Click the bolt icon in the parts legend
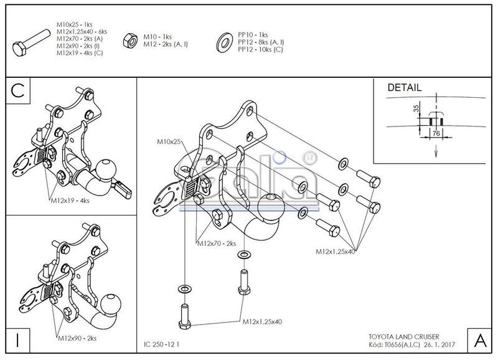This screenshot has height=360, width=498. pos(31,42)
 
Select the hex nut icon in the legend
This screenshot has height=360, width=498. pos(130,40)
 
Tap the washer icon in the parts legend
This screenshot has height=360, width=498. pos(225,42)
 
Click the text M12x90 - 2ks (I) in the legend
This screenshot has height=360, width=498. pos(78,45)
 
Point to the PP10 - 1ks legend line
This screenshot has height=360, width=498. pos(253,35)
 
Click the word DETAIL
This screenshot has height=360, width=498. pos(404,88)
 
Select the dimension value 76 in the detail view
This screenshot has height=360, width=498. pos(436,133)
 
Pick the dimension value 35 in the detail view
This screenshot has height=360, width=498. pos(416,108)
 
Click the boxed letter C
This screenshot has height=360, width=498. pos(18,91)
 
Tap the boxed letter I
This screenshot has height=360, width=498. pos(18,340)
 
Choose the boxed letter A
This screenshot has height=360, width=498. pos(479,341)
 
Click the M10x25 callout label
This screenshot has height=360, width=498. pos(169,141)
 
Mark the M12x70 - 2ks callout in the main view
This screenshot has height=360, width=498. pos(217,244)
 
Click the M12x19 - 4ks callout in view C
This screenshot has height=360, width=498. pos(70,201)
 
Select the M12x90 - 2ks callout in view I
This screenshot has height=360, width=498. pos(77,338)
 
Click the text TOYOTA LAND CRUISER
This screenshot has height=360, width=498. pos(404,337)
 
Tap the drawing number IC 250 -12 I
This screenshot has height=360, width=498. pos(161,344)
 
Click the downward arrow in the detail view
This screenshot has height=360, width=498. pos(436,150)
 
